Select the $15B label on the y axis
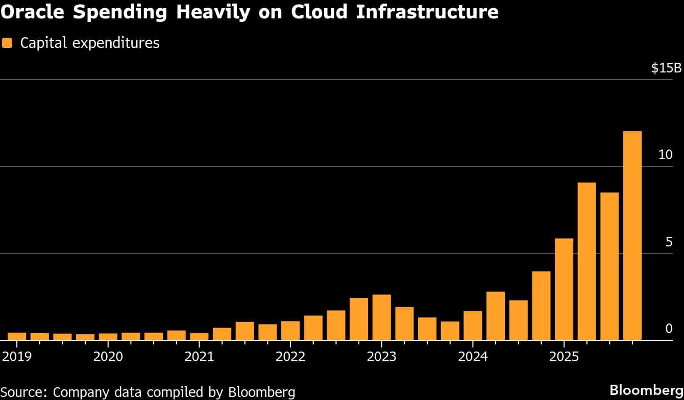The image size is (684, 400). point(666,68)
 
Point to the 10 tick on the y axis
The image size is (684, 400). point(665,155)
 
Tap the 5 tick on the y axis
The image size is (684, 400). point(669,242)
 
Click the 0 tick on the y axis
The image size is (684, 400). point(669,329)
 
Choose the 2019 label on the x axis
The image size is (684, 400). point(17,356)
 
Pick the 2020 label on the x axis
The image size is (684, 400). point(108,356)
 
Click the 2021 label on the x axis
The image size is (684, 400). point(199,356)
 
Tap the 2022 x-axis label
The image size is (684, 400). point(290,356)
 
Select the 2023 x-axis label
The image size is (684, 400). point(381,356)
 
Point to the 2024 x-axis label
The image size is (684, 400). point(473,356)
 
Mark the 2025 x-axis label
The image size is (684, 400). point(564,356)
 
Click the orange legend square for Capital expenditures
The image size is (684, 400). point(7,43)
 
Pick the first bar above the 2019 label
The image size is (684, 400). point(17,336)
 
